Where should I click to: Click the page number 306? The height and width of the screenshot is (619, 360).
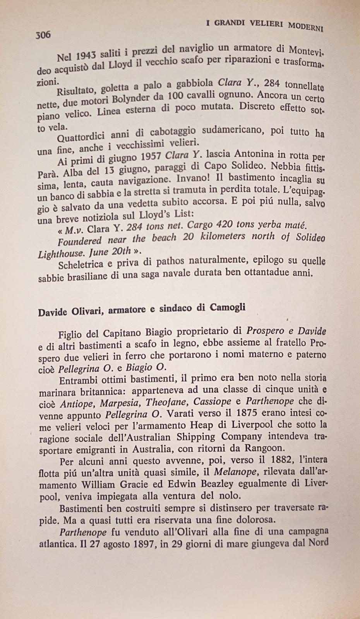[43, 35]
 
